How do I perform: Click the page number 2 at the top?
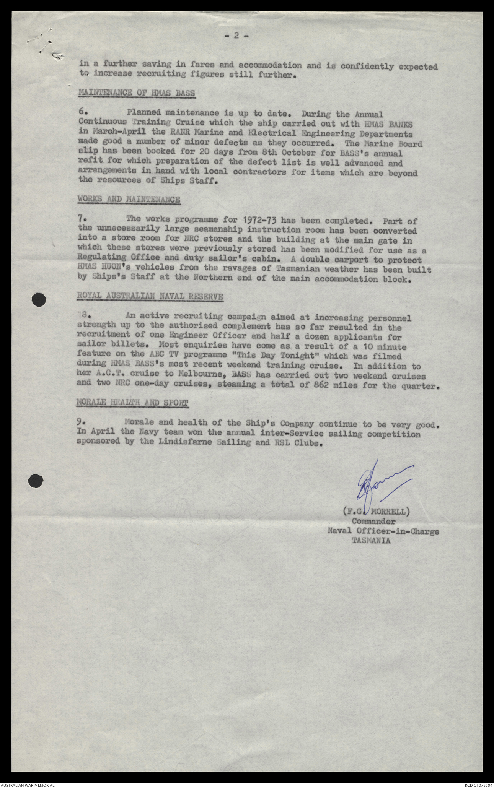(x=236, y=36)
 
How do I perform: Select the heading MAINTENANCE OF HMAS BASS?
(x=137, y=93)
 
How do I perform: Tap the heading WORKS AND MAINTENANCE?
(x=129, y=199)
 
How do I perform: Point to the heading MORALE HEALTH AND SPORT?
(x=132, y=403)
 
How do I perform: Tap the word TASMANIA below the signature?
(x=371, y=541)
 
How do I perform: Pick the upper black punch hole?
(x=39, y=300)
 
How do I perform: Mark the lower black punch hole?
(x=36, y=481)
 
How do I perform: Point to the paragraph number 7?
(x=81, y=218)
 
